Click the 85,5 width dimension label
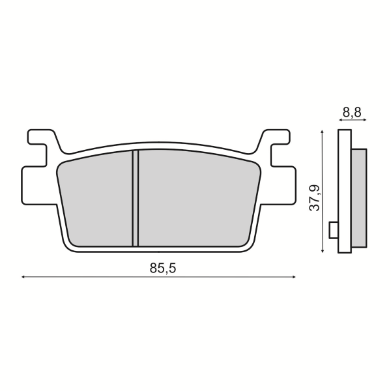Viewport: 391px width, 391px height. [158, 268]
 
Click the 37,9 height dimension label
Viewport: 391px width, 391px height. [314, 198]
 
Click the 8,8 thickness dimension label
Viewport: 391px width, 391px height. [352, 112]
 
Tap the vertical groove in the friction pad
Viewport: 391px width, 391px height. [136, 198]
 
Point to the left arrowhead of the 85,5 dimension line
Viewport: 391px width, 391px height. [24, 277]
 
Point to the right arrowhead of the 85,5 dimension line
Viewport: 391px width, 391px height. [295, 277]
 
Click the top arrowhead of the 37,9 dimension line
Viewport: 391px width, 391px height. [323, 133]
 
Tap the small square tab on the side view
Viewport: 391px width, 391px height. [334, 229]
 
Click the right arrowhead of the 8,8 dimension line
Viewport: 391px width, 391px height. [365, 121]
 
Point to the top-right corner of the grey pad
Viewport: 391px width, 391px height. [257, 167]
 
